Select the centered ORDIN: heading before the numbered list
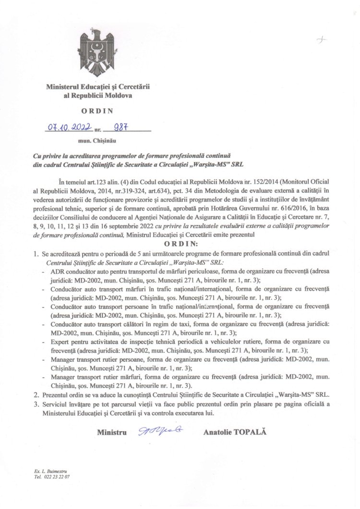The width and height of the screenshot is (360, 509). pyautogui.click(x=180, y=243)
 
